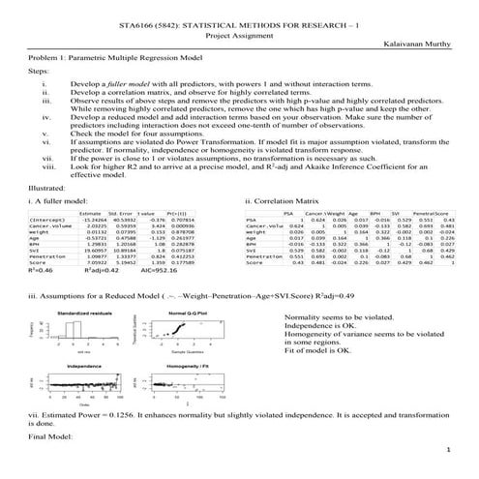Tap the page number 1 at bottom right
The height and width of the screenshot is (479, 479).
click(449, 451)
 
